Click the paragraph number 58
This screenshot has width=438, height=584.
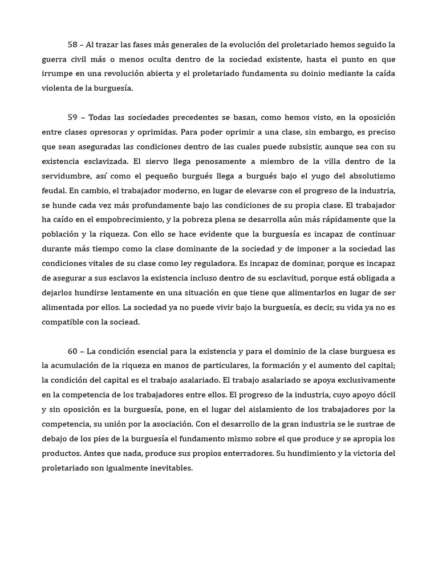(73, 44)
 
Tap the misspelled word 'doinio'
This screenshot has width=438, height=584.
(293, 74)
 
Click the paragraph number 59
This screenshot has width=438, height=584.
(73, 118)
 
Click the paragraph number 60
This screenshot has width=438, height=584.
(73, 351)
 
